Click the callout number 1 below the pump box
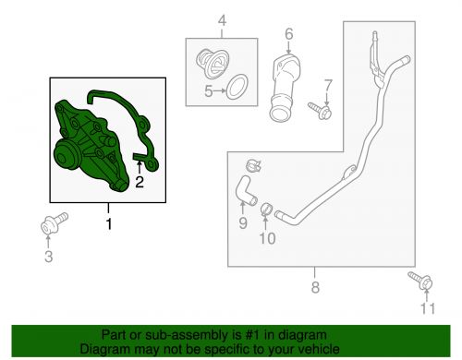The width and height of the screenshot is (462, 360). (109, 224)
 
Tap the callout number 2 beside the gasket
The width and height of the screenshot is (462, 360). (140, 182)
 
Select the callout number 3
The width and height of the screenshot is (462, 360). (49, 257)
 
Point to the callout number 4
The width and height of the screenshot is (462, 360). (222, 21)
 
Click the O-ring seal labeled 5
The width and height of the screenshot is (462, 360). (237, 87)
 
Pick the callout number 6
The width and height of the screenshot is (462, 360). (289, 34)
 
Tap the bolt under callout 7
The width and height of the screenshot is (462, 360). (321, 111)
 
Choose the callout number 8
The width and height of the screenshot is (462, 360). (315, 287)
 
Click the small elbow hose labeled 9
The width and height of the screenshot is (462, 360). (246, 191)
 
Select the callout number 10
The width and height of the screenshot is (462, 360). (267, 238)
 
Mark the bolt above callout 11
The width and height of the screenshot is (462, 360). (420, 280)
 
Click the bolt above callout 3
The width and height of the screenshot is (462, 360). (55, 223)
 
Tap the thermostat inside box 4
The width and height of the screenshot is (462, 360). (213, 64)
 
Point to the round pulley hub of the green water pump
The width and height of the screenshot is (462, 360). (66, 156)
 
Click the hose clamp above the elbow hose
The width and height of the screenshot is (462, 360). (254, 165)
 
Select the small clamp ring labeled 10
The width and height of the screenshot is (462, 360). (267, 210)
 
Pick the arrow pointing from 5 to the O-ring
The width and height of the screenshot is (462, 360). (220, 91)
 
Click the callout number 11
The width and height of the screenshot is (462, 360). (428, 308)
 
